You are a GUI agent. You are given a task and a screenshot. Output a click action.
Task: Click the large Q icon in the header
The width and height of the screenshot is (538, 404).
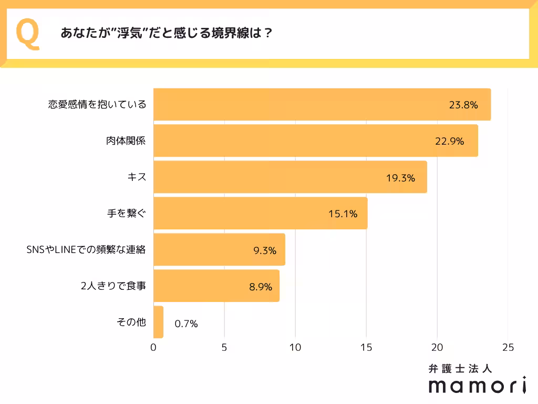(29, 34)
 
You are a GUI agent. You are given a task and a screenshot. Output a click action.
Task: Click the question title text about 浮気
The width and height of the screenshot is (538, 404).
(166, 34)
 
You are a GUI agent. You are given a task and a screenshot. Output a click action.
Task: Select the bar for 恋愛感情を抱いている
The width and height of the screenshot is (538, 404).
(322, 105)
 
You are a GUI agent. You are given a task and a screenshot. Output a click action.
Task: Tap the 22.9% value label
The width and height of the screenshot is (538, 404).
(450, 141)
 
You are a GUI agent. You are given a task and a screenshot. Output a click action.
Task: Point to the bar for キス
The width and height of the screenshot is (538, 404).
(290, 177)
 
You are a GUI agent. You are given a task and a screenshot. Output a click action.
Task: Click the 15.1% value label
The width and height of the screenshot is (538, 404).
(343, 214)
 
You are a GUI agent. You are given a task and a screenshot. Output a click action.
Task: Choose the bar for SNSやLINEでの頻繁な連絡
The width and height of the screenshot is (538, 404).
(219, 250)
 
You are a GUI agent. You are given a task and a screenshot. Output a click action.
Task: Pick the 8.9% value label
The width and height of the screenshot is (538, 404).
(260, 287)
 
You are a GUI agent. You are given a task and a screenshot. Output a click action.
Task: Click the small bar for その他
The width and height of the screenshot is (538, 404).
(158, 322)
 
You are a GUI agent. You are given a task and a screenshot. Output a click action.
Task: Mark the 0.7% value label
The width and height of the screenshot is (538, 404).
(186, 324)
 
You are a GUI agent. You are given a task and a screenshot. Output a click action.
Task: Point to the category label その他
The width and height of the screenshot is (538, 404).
(131, 322)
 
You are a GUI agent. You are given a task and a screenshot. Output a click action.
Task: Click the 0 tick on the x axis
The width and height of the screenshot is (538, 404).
(153, 348)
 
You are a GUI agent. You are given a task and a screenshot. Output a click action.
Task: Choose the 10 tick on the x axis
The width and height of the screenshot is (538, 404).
(295, 348)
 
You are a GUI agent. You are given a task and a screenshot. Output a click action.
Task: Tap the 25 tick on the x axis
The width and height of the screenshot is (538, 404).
(508, 348)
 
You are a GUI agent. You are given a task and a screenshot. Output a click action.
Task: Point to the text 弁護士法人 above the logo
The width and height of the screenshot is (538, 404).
(460, 368)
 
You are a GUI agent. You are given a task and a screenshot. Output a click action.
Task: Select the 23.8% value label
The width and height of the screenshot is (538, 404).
(463, 105)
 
